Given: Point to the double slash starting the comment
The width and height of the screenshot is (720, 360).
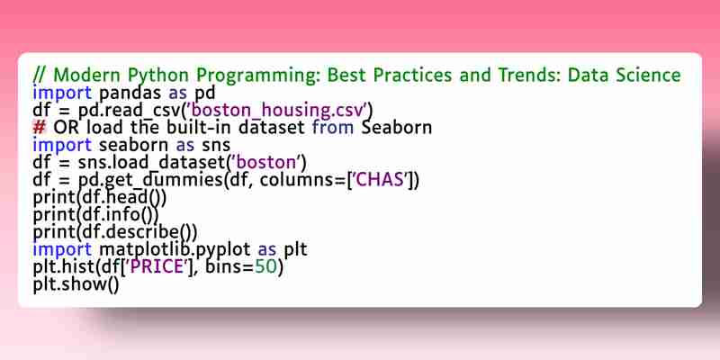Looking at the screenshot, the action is click(40, 75).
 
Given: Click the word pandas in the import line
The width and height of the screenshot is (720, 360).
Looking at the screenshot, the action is click(130, 93).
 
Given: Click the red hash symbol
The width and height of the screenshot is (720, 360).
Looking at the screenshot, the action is click(40, 127).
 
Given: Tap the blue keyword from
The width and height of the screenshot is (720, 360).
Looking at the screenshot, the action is click(333, 127).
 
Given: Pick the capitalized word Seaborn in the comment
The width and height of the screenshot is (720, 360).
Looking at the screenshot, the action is click(396, 127).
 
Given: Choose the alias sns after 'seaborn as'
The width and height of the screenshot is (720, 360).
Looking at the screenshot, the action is click(216, 145).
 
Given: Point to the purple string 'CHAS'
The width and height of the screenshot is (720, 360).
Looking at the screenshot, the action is click(381, 180).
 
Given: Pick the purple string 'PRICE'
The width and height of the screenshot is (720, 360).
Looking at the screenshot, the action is click(158, 267).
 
